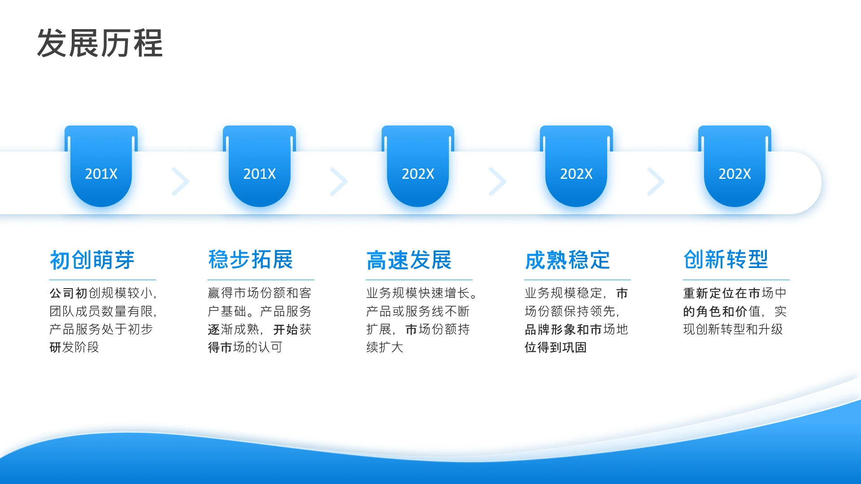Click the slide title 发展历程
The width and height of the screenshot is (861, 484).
100,43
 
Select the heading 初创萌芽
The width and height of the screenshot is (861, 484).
92,260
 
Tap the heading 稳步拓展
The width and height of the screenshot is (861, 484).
251,260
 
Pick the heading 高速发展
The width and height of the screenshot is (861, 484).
409,260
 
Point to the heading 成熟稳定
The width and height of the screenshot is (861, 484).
567,260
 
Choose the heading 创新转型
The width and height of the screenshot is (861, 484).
726,260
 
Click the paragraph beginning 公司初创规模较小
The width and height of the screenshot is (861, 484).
103,320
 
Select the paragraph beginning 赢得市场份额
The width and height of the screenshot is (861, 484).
260,320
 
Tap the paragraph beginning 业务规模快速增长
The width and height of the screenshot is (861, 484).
422,320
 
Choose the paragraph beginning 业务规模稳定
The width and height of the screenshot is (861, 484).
576,320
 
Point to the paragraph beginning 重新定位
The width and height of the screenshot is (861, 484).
735,311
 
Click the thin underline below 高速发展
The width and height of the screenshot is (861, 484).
419,280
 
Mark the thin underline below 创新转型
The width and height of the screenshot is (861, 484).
736,280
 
